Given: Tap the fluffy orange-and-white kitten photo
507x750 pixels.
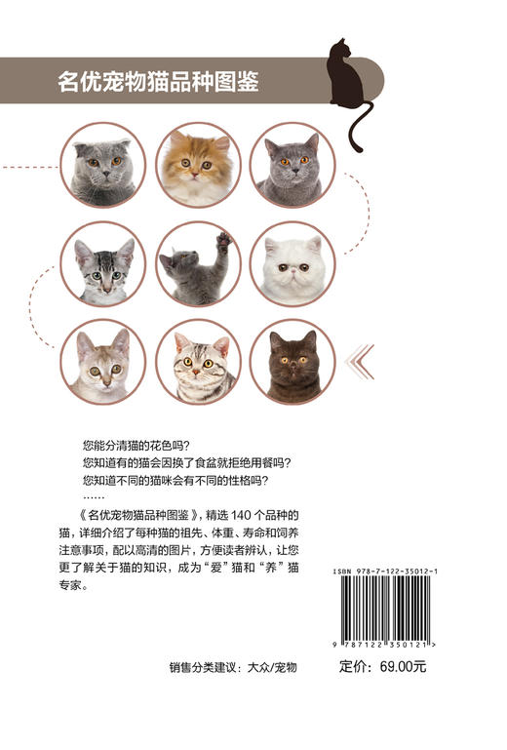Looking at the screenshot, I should pos(199,165).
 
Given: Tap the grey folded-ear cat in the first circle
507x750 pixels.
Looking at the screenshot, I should pos(102,165).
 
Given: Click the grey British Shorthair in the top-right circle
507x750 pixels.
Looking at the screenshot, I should pos(292,165).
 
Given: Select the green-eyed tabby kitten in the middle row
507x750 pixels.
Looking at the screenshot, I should pos(102,264).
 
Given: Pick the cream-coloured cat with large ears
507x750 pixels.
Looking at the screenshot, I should pos(102,362).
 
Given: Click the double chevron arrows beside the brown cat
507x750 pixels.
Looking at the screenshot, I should pos(360,362).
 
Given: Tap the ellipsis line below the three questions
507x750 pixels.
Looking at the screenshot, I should pos(95,495).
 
